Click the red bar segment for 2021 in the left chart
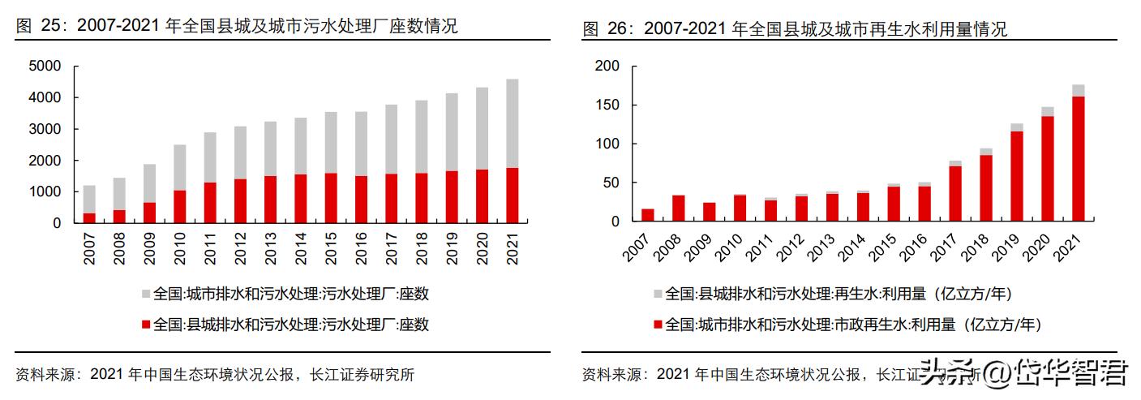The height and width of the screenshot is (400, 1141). (512, 196)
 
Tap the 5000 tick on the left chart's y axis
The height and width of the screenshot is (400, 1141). (44, 66)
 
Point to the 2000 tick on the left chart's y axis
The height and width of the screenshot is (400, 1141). (44, 161)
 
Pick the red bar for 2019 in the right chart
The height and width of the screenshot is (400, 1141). (1017, 176)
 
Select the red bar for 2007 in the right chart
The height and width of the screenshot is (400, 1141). (648, 215)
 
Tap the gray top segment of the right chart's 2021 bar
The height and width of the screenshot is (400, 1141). (1078, 91)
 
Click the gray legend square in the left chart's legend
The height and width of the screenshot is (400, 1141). (146, 294)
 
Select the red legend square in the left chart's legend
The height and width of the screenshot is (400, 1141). (146, 325)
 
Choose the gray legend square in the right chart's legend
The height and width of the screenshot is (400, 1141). (658, 294)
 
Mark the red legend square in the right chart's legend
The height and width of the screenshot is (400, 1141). (658, 325)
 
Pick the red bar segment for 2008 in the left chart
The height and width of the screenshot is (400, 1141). (119, 216)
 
